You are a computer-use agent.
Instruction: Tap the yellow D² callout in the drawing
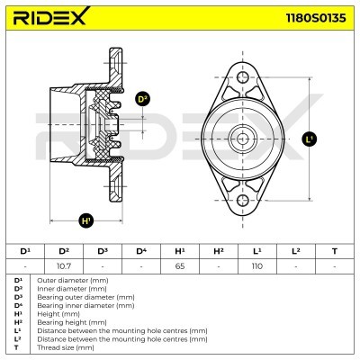142,99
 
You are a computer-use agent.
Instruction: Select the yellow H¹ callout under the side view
86,219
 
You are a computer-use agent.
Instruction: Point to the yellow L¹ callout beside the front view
310,139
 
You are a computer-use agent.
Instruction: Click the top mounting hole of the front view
244,80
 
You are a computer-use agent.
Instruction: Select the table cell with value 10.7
64,266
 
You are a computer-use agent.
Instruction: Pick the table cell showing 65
180,266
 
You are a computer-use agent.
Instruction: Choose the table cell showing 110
257,266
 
